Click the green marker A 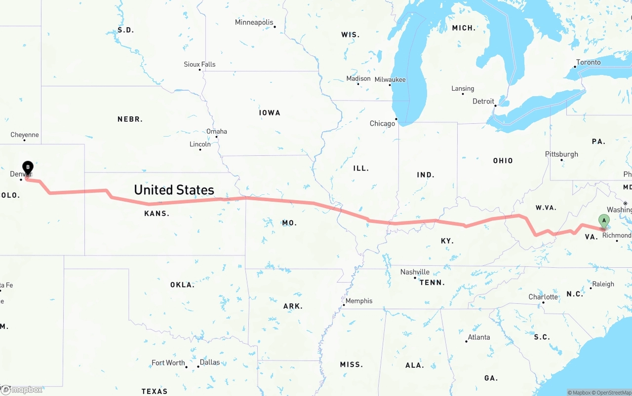pos(603,221)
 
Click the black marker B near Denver pos(28,168)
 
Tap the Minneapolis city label pos(254,23)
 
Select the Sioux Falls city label pos(199,65)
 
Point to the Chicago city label pos(382,124)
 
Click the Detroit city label pos(483,102)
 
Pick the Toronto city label pos(589,63)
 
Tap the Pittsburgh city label pos(561,154)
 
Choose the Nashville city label pos(415,272)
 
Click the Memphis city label pos(359,301)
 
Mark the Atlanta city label pos(479,337)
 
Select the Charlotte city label pos(543,297)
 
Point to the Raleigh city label pos(603,284)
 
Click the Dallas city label pos(210,362)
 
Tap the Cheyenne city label pos(25,135)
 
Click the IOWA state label pos(270,113)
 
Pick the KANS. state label pos(157,214)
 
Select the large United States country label pos(174,190)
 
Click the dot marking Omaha pos(216,137)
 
